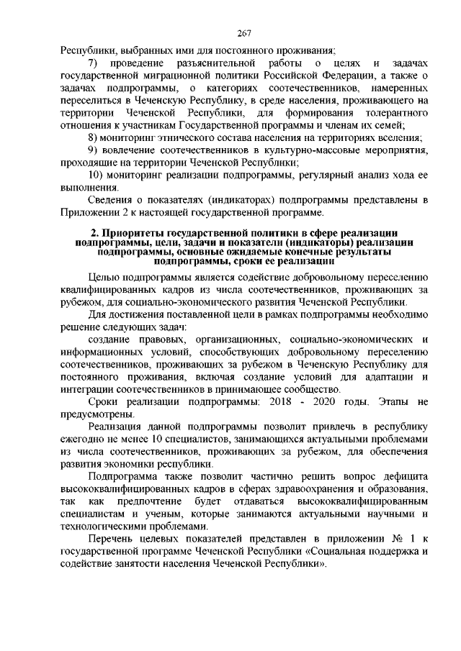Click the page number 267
[243, 33]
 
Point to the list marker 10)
[96, 175]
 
